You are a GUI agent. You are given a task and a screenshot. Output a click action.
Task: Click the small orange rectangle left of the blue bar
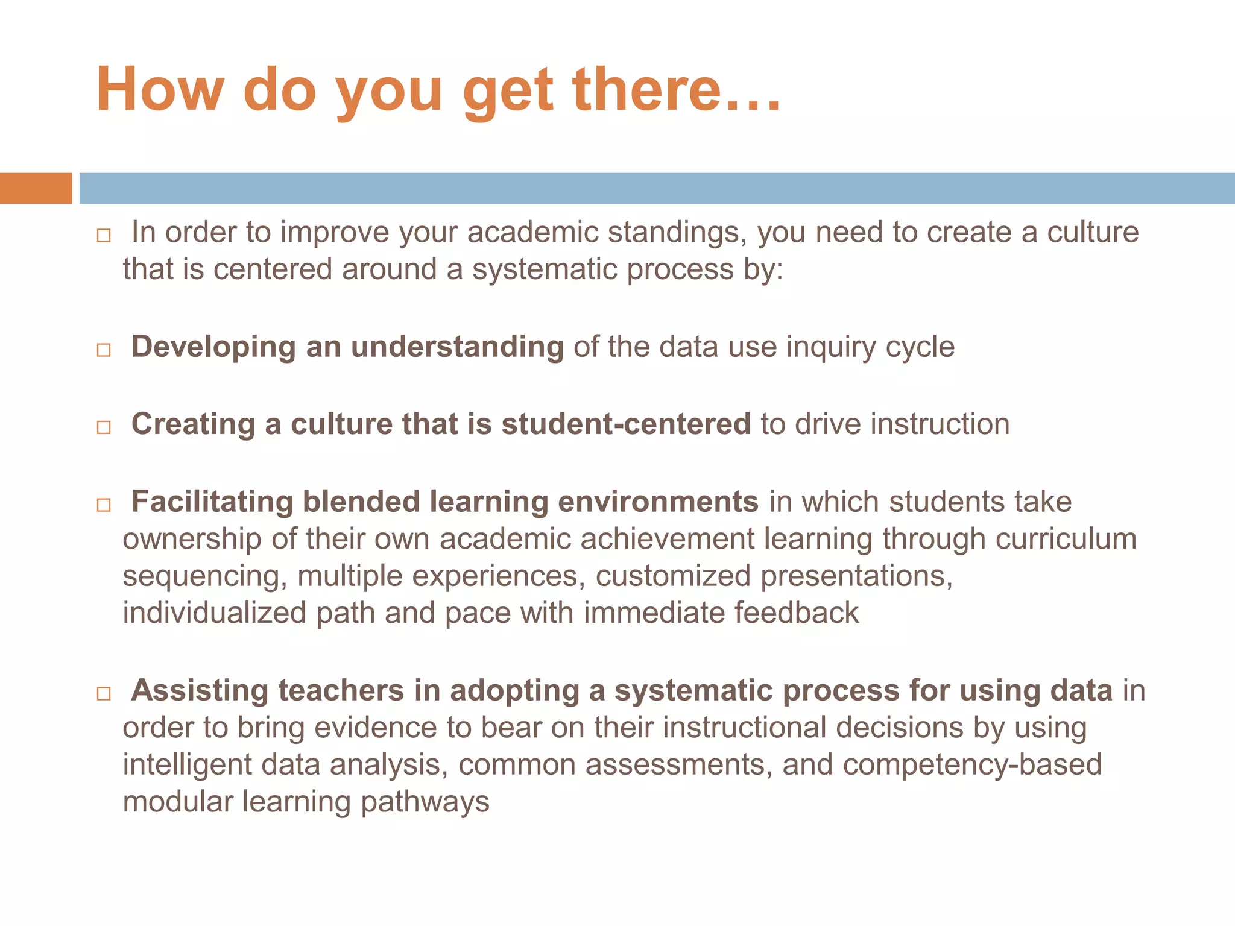pos(36,188)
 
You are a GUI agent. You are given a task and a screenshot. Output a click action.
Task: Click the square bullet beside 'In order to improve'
pos(104,235)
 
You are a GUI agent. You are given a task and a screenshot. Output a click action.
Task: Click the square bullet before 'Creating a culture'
pos(104,427)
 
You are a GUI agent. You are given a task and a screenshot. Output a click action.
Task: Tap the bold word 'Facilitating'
pos(212,502)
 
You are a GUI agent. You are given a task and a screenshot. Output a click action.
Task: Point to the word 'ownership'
pos(192,538)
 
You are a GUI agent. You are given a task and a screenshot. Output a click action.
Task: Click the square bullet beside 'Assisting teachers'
pos(104,693)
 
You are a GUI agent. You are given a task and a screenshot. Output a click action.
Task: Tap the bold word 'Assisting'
pos(200,690)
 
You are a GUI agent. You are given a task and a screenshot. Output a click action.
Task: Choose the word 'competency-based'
pos(972,765)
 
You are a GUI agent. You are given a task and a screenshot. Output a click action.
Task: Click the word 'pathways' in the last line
pos(425,802)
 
